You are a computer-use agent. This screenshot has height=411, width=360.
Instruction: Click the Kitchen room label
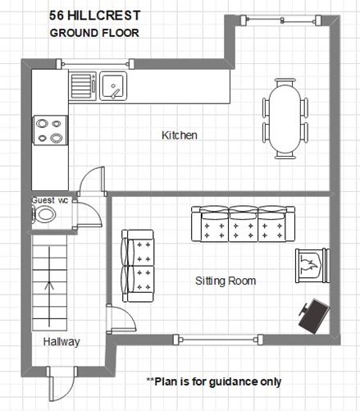pos(180,135)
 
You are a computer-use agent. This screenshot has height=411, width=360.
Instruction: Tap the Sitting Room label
pos(226,281)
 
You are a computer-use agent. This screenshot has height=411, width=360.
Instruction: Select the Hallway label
pos(62,342)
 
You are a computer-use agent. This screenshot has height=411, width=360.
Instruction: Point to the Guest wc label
pos(50,200)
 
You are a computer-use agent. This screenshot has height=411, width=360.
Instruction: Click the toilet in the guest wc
pos(44,214)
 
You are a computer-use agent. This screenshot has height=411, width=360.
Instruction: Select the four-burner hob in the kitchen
pos(50,130)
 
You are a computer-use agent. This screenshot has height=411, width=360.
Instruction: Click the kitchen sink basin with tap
pos(113,86)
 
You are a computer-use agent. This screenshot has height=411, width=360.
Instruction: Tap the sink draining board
pos(82,86)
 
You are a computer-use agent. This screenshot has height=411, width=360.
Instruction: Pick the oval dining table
pos(285,119)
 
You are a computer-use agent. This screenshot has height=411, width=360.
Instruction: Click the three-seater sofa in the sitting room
pos(243,224)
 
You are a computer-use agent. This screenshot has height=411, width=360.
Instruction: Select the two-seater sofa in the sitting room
pos(138,266)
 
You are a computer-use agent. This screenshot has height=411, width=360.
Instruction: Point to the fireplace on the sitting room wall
pos(312,266)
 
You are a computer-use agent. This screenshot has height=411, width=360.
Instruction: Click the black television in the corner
pos(314,316)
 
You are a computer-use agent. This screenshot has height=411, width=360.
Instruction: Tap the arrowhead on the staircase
pos(49,285)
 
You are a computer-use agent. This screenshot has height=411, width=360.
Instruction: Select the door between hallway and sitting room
pos(121,319)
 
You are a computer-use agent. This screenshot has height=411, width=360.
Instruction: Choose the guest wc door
pos(88,213)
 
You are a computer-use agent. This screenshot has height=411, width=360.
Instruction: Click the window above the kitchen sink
pos(95,64)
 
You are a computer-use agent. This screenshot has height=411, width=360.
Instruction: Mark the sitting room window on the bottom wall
pos(218,340)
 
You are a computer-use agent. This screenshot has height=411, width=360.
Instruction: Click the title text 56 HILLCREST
pos(95,16)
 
